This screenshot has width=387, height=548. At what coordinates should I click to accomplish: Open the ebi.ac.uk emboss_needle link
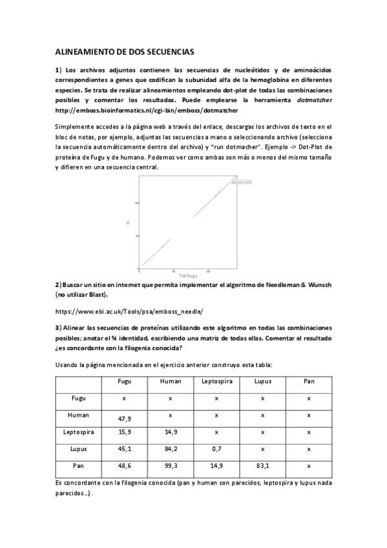click(x=129, y=310)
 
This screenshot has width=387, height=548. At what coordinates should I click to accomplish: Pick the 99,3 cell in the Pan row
click(x=170, y=465)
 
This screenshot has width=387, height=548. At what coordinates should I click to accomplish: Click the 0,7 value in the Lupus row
click(x=216, y=448)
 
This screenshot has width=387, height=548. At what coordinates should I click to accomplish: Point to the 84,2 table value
click(x=170, y=448)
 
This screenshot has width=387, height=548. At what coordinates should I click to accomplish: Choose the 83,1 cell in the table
click(x=262, y=465)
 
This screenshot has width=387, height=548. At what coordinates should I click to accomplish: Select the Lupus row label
click(x=78, y=448)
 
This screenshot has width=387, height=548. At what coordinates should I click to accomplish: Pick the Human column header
click(x=170, y=381)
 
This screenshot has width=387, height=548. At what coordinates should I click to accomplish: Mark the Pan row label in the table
click(x=78, y=465)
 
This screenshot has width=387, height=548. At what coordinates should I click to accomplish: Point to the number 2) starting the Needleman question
click(x=58, y=285)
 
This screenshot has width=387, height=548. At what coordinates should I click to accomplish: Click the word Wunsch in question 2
click(x=318, y=285)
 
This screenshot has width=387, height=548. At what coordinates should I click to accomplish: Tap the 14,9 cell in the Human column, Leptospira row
click(x=170, y=432)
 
